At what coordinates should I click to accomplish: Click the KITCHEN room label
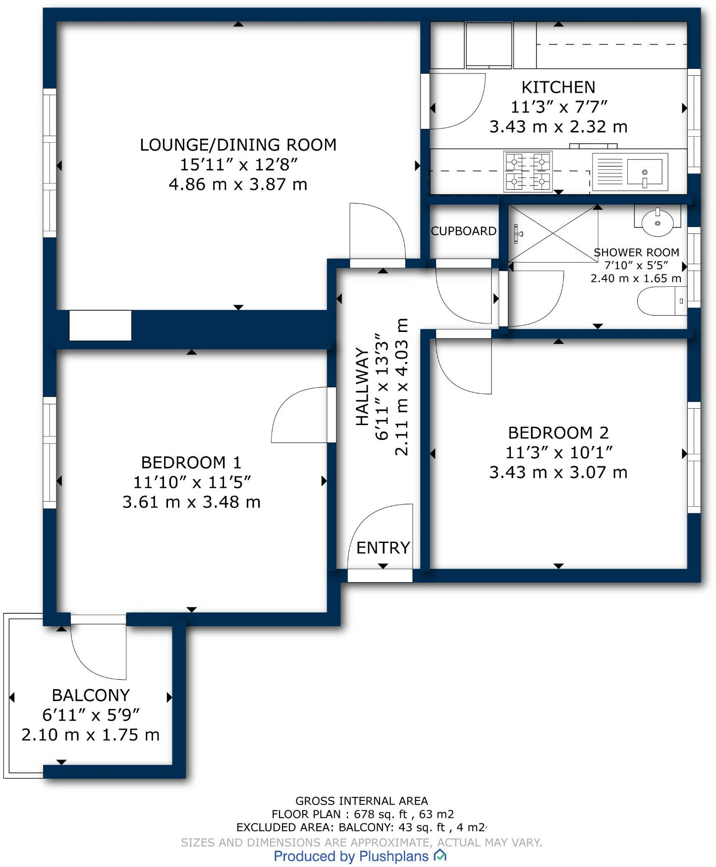point(558,87)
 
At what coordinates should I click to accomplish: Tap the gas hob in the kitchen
point(528,171)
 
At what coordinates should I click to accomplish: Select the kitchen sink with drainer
point(630,172)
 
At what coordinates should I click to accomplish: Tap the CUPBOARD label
point(463,231)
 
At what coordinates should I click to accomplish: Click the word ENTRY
point(383,547)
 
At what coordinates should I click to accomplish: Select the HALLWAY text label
point(362,386)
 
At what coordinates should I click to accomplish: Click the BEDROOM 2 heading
point(558,433)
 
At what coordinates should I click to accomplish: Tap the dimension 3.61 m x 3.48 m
point(191,502)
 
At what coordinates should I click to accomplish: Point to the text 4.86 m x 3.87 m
point(238,184)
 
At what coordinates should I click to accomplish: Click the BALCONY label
point(91,695)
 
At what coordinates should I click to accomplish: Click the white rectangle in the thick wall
point(100,325)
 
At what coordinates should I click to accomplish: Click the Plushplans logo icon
point(440,855)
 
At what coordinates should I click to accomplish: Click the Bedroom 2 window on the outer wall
point(694,457)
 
